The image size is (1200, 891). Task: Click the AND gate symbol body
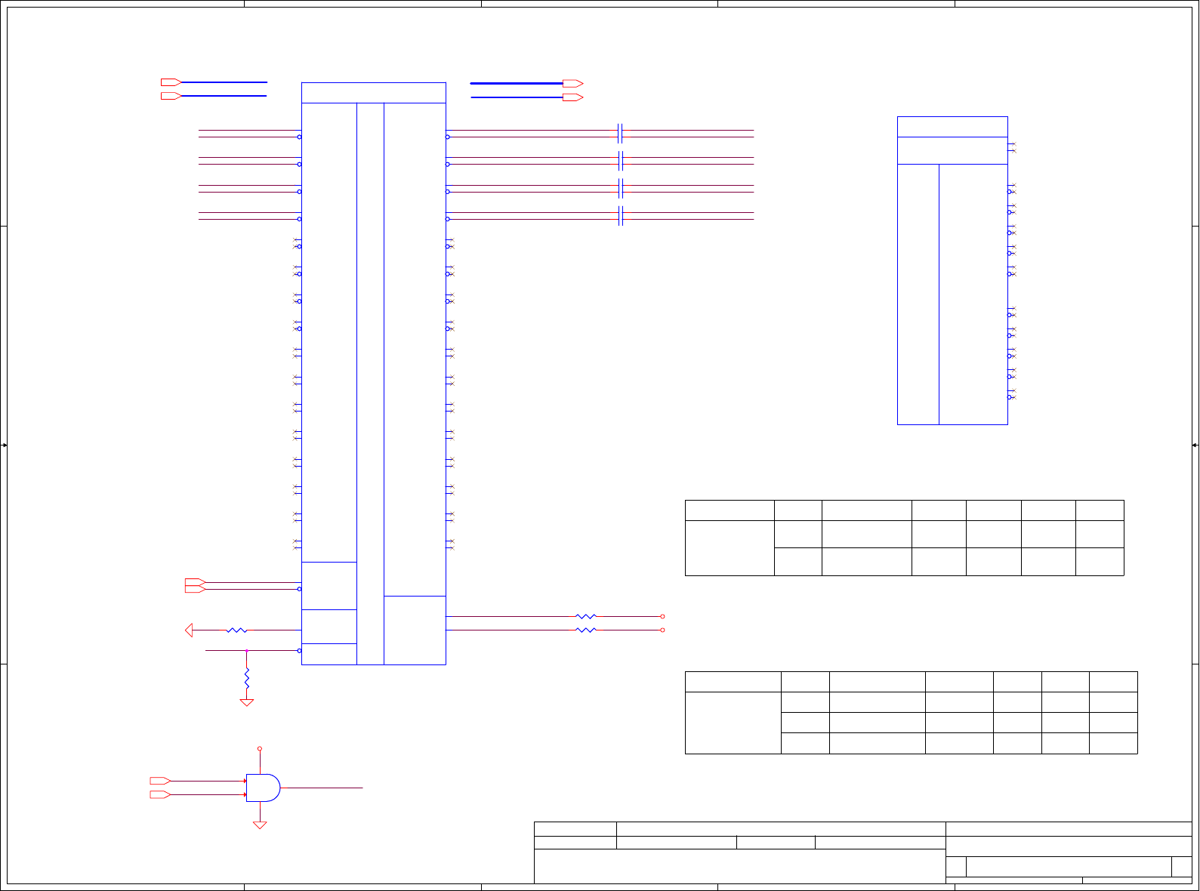(262, 788)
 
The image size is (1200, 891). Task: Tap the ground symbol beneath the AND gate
(260, 825)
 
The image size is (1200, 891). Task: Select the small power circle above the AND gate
(260, 749)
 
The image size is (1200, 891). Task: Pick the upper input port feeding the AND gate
(159, 781)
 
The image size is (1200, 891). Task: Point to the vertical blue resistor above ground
(247, 678)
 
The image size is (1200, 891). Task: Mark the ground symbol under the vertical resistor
(247, 702)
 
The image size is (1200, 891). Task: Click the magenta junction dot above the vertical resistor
(247, 650)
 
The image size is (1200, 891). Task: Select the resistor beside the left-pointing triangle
(236, 630)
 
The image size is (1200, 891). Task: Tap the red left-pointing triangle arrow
(189, 630)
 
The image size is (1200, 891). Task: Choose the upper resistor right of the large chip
(585, 616)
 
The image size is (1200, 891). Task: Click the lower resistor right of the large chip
(585, 630)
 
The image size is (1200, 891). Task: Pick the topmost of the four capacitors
(620, 134)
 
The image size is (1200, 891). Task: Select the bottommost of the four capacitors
(620, 216)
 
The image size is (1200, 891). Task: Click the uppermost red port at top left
(171, 82)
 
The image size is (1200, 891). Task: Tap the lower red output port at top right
(572, 97)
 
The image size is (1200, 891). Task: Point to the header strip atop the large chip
(373, 93)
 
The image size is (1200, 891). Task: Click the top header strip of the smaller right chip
(952, 127)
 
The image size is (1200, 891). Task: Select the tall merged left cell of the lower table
(733, 723)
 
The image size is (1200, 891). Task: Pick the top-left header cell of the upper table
(730, 510)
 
